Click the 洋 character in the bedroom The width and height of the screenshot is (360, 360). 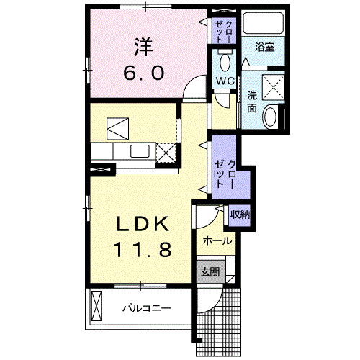(x=144, y=47)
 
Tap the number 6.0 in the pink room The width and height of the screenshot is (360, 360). (x=144, y=73)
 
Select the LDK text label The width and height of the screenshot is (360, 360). (x=143, y=224)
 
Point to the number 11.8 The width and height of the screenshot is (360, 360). (x=143, y=249)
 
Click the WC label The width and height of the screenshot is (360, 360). (x=225, y=81)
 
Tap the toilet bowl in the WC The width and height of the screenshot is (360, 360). (x=225, y=62)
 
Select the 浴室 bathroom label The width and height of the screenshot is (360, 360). (x=264, y=47)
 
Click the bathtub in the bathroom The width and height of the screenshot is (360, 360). (x=264, y=23)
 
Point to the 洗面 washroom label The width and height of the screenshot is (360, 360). (x=252, y=102)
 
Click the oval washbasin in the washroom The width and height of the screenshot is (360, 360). (x=271, y=117)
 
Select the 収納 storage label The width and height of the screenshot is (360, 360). (x=240, y=215)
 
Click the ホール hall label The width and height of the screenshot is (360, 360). (x=217, y=240)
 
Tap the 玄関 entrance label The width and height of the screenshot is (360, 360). (x=210, y=272)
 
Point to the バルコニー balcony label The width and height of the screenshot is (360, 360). (x=147, y=308)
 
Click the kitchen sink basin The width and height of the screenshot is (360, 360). (x=140, y=151)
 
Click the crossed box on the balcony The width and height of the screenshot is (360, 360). (x=96, y=305)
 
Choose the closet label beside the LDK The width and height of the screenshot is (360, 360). (x=225, y=174)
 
